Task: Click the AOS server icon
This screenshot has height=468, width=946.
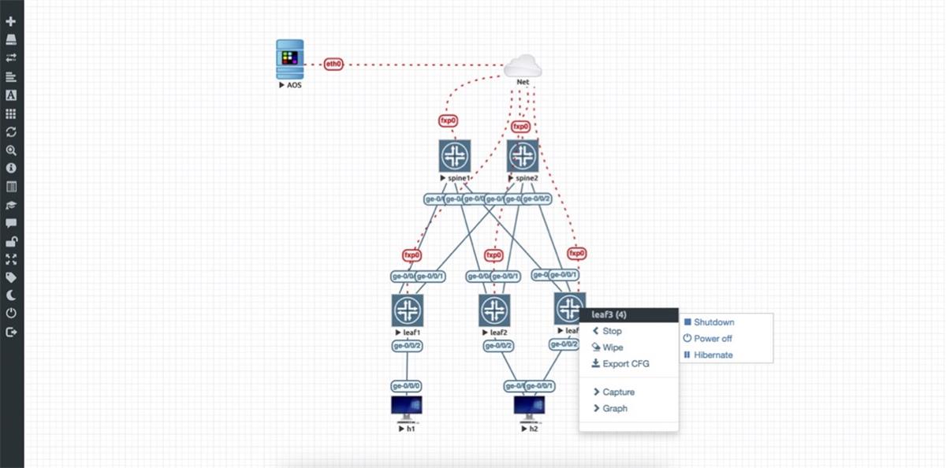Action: [290, 60]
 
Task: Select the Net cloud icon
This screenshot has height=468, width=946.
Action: [522, 66]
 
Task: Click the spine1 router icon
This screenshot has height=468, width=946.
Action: [455, 156]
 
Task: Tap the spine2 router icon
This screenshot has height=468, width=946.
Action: [522, 156]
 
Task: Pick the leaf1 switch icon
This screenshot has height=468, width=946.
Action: [407, 310]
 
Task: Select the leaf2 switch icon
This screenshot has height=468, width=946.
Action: [494, 310]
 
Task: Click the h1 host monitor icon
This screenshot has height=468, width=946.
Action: [407, 407]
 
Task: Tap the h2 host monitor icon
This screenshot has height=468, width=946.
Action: [529, 407]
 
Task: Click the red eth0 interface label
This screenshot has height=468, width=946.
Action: [333, 64]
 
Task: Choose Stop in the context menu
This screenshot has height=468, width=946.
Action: [612, 332]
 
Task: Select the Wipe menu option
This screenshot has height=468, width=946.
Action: [613, 347]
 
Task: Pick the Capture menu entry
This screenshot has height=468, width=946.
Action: [618, 392]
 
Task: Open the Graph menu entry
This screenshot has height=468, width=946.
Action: [615, 409]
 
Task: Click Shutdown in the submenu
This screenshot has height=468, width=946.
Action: [713, 322]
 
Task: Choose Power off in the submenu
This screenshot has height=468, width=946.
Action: [713, 339]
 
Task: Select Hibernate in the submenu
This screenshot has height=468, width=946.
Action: [713, 355]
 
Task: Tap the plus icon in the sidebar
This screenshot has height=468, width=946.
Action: [11, 21]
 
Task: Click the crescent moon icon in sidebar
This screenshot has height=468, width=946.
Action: [11, 295]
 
